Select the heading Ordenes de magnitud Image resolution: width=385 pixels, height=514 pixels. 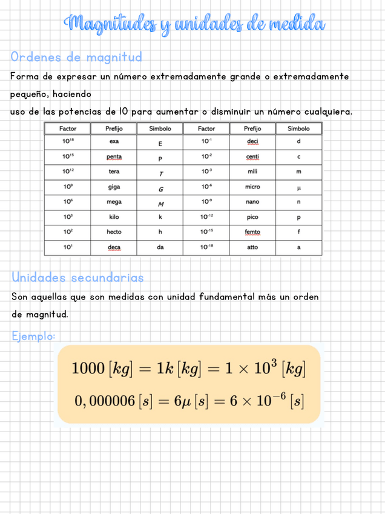tap(76, 58)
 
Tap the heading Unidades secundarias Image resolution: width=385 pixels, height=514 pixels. tap(77, 278)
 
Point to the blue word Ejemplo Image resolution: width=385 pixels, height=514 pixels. tap(33, 335)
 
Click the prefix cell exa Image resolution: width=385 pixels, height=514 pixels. tap(114, 142)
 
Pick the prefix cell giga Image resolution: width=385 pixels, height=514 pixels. tap(114, 187)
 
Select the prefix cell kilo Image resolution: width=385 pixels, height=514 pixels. tap(114, 216)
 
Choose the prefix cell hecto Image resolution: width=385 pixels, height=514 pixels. tap(114, 232)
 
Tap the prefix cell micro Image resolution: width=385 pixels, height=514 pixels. tap(252, 187)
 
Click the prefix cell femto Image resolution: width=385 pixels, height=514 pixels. tap(252, 232)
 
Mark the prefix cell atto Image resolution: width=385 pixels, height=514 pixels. tap(252, 247)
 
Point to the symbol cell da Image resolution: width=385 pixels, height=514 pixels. tap(160, 247)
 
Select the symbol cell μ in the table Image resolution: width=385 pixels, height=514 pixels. tap(298, 188)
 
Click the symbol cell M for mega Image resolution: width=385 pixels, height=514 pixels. tap(160, 203)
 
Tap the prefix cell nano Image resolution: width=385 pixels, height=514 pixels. tap(252, 202)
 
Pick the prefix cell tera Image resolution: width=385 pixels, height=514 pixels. tap(114, 172)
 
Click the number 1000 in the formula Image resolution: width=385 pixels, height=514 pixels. tap(87, 369)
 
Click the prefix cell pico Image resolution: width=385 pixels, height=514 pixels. tap(252, 216)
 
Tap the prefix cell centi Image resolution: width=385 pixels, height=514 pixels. tap(252, 157)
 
